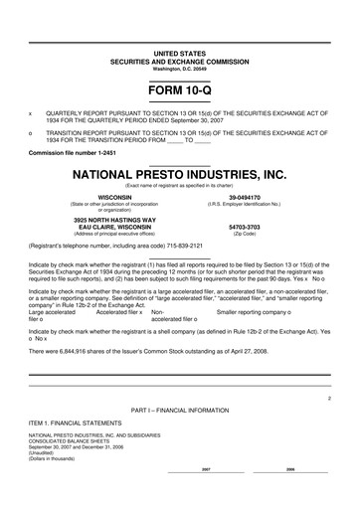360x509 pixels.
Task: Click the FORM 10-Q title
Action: pyautogui.click(x=180, y=92)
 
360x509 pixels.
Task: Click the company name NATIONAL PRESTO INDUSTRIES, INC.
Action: pyautogui.click(x=180, y=175)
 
